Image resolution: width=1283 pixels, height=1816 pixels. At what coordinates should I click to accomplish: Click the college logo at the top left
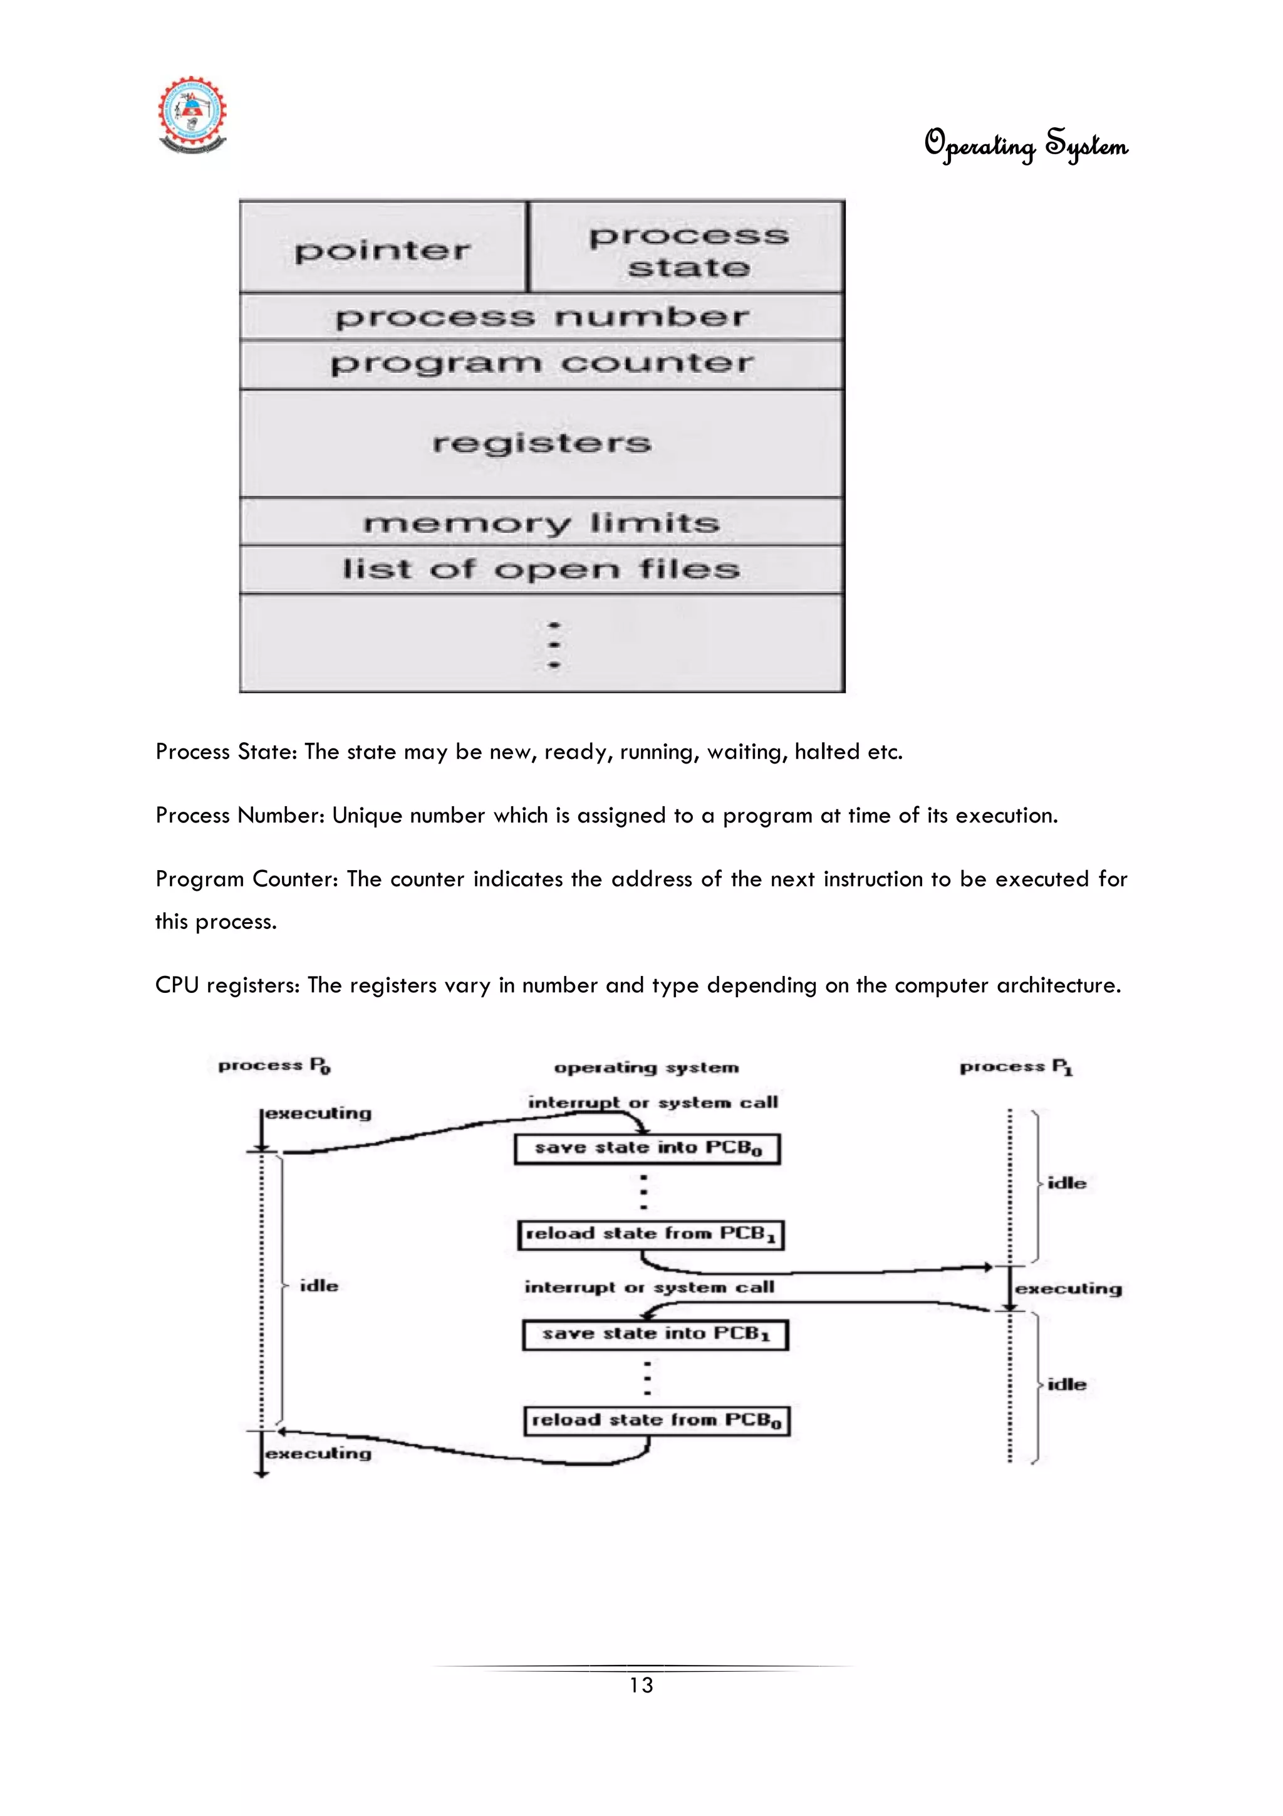coord(192,115)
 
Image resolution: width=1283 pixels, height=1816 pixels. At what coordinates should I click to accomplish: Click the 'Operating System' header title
coord(1026,145)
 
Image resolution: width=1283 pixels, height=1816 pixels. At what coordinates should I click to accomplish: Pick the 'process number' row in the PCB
coord(541,318)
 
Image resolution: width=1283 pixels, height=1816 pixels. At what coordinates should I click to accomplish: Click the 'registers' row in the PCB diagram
coord(541,443)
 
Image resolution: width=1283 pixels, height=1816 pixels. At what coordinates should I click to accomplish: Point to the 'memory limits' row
coord(541,523)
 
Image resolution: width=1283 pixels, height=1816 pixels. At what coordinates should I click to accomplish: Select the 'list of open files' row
coord(541,569)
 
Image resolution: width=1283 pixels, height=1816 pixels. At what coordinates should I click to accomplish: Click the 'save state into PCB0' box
coord(647,1148)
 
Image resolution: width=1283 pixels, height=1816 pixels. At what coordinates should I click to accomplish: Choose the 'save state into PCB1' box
coord(655,1335)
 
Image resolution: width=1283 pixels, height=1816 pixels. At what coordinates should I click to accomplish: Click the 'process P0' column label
coord(274,1066)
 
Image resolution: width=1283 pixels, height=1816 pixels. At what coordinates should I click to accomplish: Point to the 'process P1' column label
coord(1015,1067)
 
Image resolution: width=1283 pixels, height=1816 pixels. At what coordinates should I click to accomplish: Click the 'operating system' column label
coord(647,1068)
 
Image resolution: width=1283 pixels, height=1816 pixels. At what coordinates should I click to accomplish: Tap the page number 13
coord(641,1686)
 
